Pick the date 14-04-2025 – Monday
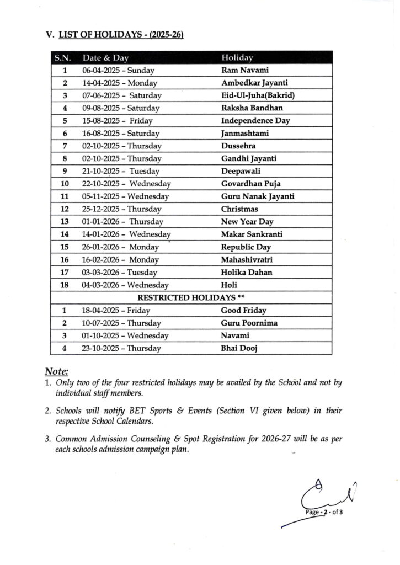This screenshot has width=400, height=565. pos(120,83)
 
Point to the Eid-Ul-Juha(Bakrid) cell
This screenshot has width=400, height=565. pos(258,95)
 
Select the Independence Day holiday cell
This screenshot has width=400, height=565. pos(255,121)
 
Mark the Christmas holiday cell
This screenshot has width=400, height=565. pos(239,209)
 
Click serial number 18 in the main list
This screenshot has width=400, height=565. pos(65,285)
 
